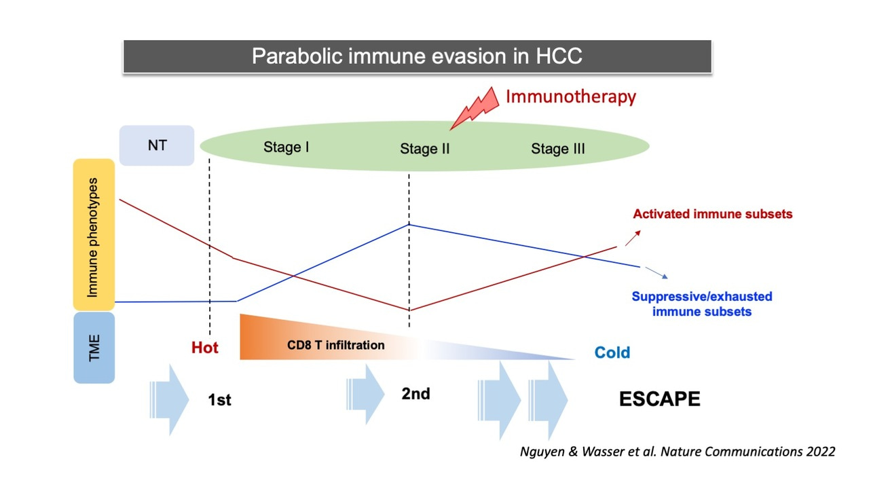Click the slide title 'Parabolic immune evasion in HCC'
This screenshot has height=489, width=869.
(x=417, y=56)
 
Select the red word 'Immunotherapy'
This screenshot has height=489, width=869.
(x=570, y=96)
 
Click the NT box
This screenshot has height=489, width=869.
(x=157, y=145)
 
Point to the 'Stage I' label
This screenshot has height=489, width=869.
(x=286, y=147)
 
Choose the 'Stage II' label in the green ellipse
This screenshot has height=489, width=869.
(x=424, y=149)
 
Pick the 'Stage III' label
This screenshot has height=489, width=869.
(x=557, y=149)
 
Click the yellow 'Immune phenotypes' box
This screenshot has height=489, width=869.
(x=94, y=235)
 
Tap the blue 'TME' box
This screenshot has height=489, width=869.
(x=94, y=347)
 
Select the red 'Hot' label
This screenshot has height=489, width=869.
(x=204, y=348)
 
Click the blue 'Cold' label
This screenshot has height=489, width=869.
(x=612, y=352)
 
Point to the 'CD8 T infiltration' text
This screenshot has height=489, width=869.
(x=335, y=345)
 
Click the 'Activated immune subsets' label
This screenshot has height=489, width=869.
(x=712, y=214)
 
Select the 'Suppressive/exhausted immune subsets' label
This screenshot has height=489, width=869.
(x=701, y=304)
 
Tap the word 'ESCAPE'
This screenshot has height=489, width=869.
(x=659, y=399)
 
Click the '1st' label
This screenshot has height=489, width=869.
(x=219, y=400)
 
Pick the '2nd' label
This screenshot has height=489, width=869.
(x=415, y=394)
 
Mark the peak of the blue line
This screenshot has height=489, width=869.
(x=409, y=223)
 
